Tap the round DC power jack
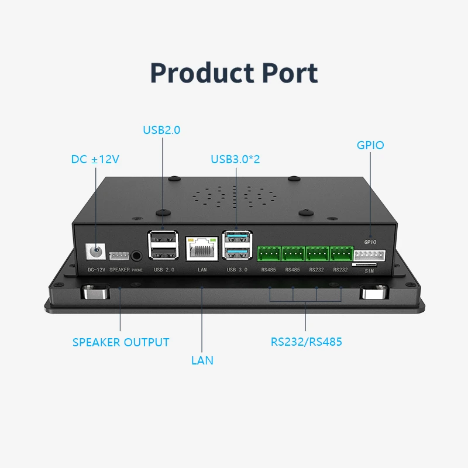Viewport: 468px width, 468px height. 94,253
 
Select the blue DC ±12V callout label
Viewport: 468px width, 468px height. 95,159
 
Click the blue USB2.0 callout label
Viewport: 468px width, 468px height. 161,130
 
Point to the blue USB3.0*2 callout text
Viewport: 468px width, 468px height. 236,159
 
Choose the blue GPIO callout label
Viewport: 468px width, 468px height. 370,144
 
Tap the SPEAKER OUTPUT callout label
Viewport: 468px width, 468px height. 121,342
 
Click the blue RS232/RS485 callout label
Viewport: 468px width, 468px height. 306,342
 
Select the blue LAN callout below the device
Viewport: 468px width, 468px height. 202,360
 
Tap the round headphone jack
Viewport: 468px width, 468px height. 137,255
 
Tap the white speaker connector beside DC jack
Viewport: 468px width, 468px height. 119,256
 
